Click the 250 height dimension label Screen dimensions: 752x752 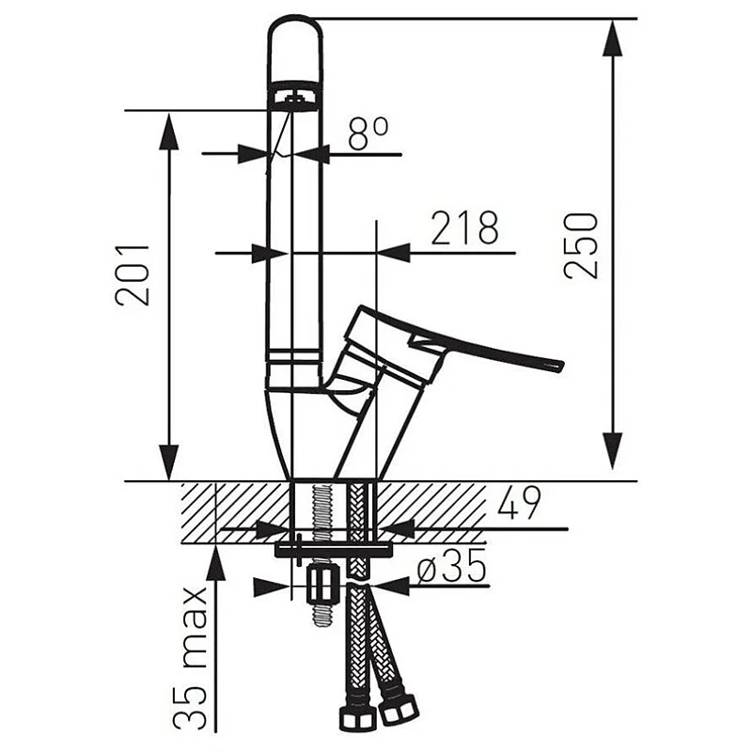[581, 245]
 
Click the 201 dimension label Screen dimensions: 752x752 [132, 274]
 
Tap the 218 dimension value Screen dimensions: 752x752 [464, 227]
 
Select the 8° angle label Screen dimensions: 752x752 [368, 133]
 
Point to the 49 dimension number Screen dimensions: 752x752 [518, 503]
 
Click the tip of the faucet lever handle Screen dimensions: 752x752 [560, 366]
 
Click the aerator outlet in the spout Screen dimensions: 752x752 [293, 98]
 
